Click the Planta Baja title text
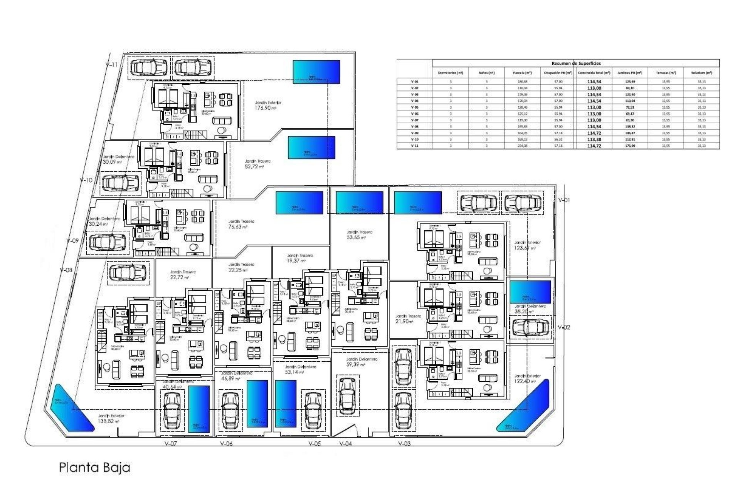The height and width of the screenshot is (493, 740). [x=94, y=468]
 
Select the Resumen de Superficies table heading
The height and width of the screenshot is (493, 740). [x=576, y=64]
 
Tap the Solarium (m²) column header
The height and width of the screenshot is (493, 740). [x=701, y=72]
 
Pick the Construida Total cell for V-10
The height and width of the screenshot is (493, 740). [x=594, y=139]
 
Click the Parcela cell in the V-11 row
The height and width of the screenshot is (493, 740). [x=522, y=146]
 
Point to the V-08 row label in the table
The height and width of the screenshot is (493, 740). [x=415, y=127]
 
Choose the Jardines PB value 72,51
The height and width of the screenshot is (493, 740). [x=630, y=107]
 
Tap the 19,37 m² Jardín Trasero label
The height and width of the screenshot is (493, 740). [x=300, y=258]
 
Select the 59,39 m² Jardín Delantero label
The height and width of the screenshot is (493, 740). [x=357, y=362]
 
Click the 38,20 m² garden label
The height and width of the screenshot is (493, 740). [x=530, y=309]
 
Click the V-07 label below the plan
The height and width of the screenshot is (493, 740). [x=170, y=443]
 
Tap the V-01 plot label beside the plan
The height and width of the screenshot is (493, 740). [x=564, y=200]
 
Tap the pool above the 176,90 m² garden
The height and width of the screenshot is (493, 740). [x=316, y=72]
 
